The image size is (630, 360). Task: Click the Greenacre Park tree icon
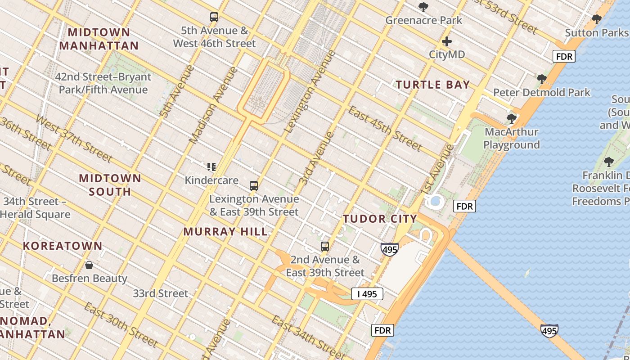(423, 7)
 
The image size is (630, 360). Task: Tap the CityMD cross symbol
(446, 42)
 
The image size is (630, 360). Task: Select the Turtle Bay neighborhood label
(432, 85)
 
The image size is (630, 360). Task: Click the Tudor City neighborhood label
(380, 219)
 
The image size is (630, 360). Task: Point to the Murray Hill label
(225, 232)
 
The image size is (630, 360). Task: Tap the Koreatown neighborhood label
(63, 246)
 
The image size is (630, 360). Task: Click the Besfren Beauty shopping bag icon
(89, 265)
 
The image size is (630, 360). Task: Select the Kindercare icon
(211, 167)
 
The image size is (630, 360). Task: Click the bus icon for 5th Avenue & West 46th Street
(214, 18)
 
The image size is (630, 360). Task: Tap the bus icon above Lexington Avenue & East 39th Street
(254, 185)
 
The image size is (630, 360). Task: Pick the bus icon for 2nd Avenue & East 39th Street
(325, 247)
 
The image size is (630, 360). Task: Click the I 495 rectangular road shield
(367, 294)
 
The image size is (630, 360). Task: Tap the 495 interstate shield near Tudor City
(389, 249)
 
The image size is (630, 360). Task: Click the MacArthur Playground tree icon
(511, 119)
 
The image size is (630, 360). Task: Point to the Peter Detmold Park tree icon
(542, 80)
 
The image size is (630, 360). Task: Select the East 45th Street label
(385, 129)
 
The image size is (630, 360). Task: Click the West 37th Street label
(73, 139)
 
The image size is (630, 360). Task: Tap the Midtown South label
(110, 185)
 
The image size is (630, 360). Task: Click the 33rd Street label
(160, 293)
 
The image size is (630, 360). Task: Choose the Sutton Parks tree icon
(597, 19)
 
